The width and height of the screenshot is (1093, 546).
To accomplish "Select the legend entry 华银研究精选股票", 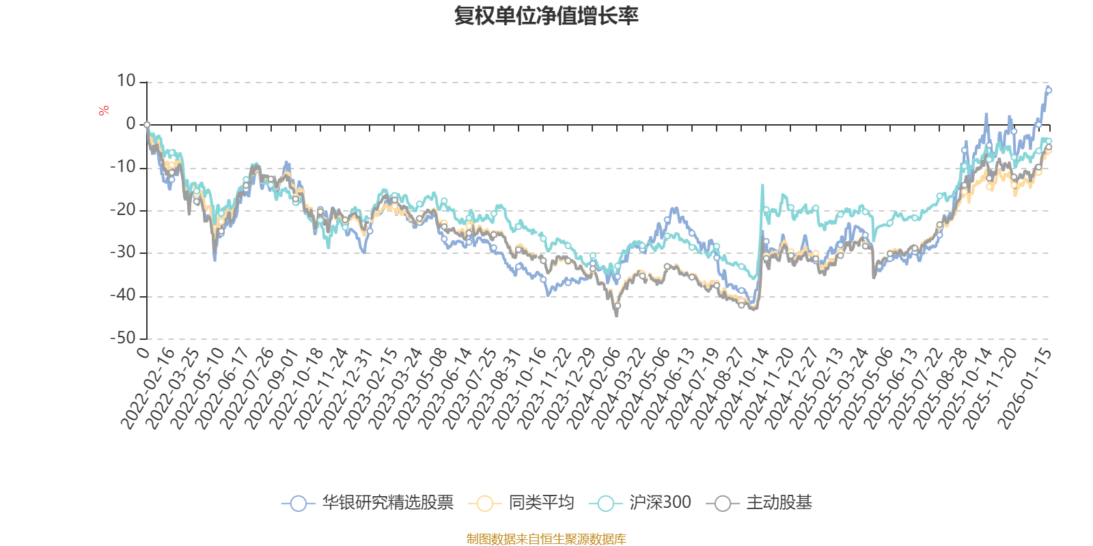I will pos(387,504).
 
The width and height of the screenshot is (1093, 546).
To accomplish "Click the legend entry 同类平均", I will pos(540,504).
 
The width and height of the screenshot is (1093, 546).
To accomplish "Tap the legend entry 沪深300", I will pos(660,504).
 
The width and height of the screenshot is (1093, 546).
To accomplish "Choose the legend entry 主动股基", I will pos(779,504).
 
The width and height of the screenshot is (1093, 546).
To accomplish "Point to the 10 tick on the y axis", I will pos(126,81).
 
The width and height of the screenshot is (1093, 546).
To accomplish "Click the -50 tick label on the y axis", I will pos(123,339).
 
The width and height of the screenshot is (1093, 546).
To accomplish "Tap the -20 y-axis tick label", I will pos(123,210).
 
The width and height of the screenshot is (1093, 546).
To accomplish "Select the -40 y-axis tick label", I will pos(123,296).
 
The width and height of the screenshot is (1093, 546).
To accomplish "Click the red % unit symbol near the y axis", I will pos(104,111).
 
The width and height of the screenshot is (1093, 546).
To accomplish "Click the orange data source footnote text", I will pos(546,539).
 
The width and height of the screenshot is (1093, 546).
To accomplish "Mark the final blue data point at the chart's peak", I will pos(1049,90).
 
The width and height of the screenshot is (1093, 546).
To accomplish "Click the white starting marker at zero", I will pos(147,125).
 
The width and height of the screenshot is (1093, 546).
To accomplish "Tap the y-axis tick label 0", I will pos(130,124).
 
